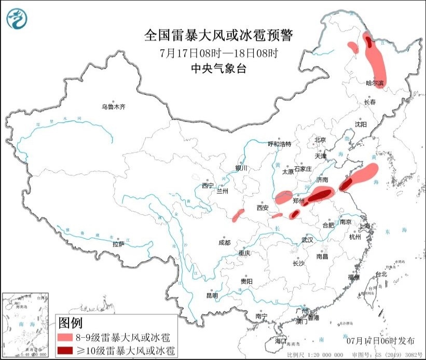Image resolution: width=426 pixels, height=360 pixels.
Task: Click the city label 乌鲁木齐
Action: coord(113,107)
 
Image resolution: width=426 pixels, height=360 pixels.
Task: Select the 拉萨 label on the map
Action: coord(119,243)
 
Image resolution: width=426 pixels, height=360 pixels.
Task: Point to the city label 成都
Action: coord(225,242)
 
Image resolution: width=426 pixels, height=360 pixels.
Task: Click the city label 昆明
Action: coord(213,295)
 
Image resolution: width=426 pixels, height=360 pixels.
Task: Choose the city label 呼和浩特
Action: coord(279,144)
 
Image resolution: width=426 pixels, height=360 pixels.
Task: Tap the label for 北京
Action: coord(320,140)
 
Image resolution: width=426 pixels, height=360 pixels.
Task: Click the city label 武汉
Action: coord(307,240)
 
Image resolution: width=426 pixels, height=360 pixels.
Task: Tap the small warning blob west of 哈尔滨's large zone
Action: coord(353,48)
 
